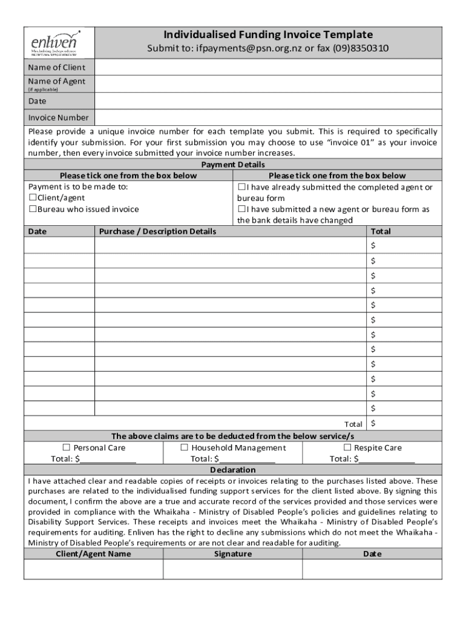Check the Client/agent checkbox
(x=33, y=198)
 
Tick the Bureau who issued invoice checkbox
(x=33, y=209)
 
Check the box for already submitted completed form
(x=241, y=187)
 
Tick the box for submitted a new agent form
(x=241, y=209)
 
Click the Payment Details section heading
(x=233, y=165)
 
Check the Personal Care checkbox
(x=67, y=447)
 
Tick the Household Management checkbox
(x=185, y=447)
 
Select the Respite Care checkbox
(x=347, y=447)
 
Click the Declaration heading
(x=233, y=470)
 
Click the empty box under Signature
(x=232, y=569)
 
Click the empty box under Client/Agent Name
(x=93, y=569)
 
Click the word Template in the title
(x=348, y=35)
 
